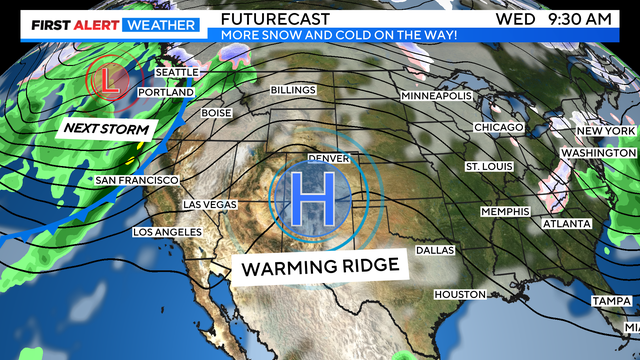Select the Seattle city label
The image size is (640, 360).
coord(179,73)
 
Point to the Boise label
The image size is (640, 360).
coord(216,113)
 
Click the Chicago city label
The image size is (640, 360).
coord(498,128)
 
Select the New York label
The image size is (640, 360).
coord(606,132)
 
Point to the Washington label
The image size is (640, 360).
coord(598,152)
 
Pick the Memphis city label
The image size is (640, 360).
coord(504,212)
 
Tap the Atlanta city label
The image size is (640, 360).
coord(566,224)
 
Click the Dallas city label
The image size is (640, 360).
coord(435,250)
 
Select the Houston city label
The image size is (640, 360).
coord(460,294)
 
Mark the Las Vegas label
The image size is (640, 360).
coord(210,204)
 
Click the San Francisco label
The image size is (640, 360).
coord(136,180)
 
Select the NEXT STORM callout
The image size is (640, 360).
coord(106,129)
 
